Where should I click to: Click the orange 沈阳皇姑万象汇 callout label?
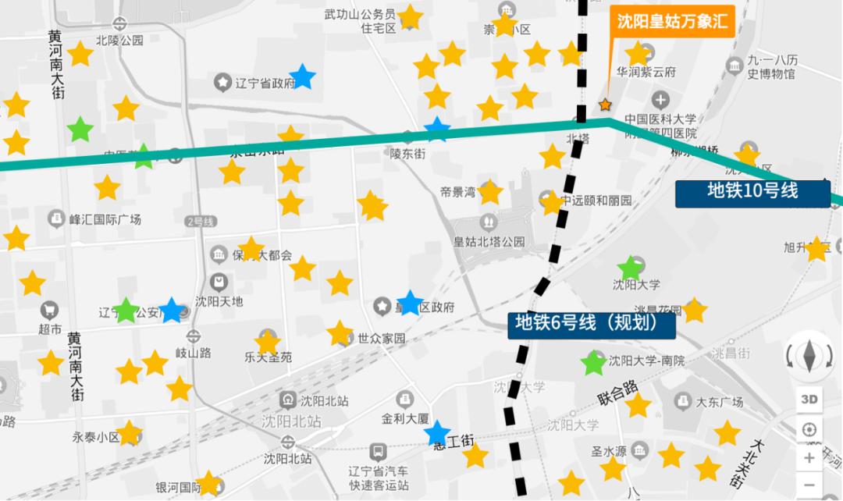[x=672, y=21]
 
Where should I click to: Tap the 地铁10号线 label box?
[x=752, y=191]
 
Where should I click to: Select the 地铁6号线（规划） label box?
[x=592, y=323]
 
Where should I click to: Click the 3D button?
[x=809, y=400]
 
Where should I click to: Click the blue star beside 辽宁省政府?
[x=302, y=77]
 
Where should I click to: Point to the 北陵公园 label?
[x=119, y=41]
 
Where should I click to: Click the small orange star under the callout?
[x=605, y=105]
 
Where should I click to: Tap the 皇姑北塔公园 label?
[x=489, y=242]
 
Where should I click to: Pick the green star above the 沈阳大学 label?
[x=629, y=268]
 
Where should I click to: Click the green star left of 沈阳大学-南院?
[x=593, y=363]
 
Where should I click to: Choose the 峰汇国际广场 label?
[x=105, y=219]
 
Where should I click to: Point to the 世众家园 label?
[x=382, y=339]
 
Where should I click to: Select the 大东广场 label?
[x=719, y=403]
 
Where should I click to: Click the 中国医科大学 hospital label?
[x=660, y=119]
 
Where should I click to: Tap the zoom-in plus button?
[x=809, y=458]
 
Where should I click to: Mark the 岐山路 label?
[x=193, y=353]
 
